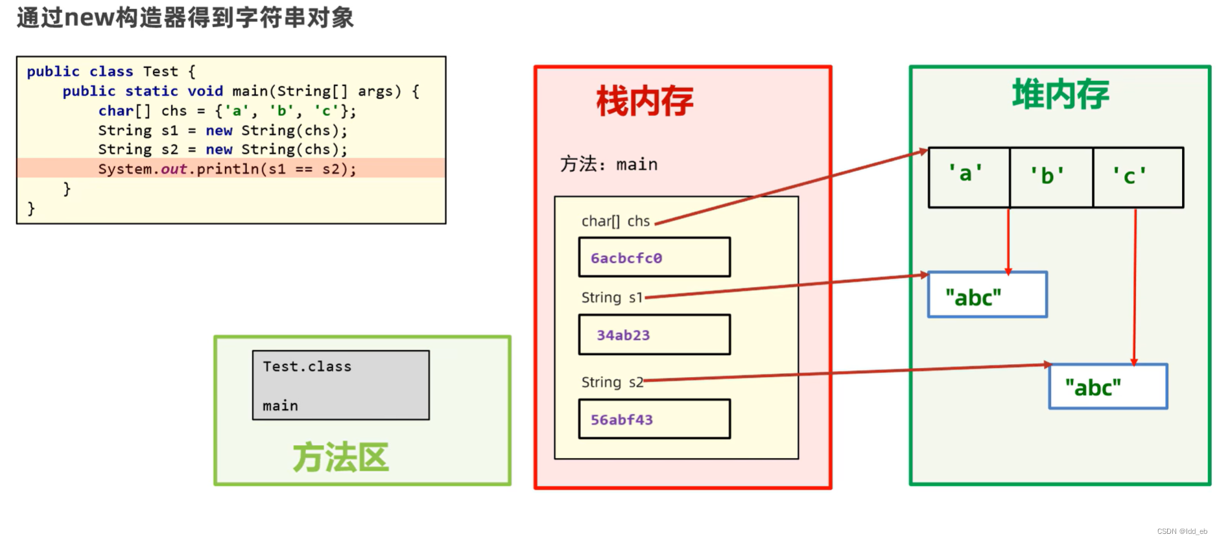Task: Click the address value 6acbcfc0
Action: point(626,258)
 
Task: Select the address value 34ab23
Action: point(623,335)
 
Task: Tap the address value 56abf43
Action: point(622,420)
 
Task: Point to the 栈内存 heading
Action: point(644,102)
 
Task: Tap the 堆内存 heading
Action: point(1061,95)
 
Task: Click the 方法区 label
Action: point(340,457)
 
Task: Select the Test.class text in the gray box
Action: point(307,367)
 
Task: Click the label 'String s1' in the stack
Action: point(611,297)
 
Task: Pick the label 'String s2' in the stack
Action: point(611,382)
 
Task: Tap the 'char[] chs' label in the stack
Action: point(615,222)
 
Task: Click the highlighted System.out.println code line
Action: point(228,169)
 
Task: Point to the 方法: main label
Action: point(609,165)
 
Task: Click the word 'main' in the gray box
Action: point(281,406)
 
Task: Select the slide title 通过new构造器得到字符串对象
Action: point(185,17)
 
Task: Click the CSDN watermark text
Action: point(1181,531)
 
